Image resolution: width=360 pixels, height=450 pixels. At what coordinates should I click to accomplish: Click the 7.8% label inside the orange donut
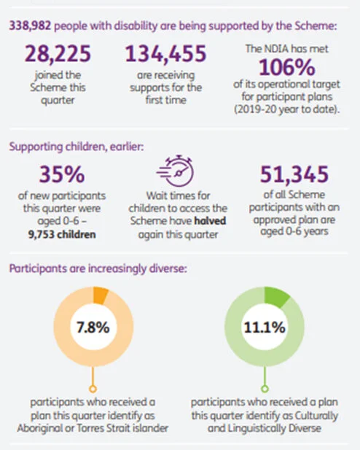93,326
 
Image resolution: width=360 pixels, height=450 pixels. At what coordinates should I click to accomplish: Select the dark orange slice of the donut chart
101,295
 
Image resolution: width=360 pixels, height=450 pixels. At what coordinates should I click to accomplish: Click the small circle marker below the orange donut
93,389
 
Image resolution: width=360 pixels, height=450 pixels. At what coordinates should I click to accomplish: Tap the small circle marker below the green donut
265,389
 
